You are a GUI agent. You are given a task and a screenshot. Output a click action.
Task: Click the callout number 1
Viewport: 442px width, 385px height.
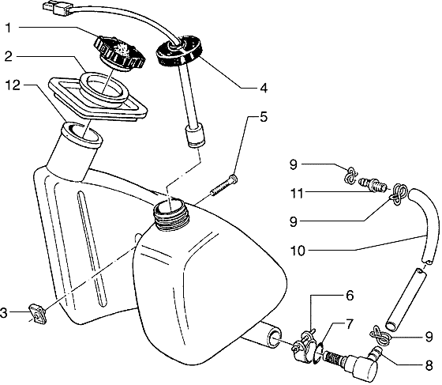click(x=9, y=28)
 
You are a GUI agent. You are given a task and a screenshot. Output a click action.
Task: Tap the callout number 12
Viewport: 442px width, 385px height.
click(x=13, y=85)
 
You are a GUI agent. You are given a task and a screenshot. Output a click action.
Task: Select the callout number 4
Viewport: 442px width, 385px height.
click(x=264, y=89)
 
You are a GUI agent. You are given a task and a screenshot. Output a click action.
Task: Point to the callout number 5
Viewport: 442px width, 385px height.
click(x=264, y=116)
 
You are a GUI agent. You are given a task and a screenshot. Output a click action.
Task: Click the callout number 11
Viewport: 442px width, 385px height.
click(x=297, y=194)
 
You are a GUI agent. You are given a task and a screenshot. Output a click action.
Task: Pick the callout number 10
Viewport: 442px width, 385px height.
click(x=298, y=251)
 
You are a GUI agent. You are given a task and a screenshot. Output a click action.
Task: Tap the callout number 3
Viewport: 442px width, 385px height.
click(x=4, y=313)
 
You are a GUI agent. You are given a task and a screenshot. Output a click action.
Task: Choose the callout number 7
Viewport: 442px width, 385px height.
click(x=349, y=325)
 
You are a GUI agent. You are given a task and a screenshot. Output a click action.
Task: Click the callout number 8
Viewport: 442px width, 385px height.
click(x=429, y=366)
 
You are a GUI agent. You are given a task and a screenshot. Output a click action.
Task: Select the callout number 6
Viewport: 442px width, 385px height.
click(x=349, y=296)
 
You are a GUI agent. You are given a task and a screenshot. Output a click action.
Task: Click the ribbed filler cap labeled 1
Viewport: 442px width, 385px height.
click(x=120, y=53)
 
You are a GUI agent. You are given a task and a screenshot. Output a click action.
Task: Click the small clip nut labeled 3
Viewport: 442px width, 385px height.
click(x=38, y=313)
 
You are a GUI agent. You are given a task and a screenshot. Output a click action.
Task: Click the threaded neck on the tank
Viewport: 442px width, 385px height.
click(x=171, y=213)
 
